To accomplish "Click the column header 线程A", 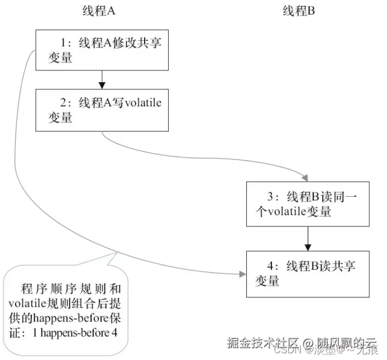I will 101,11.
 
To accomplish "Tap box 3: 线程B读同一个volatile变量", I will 308,203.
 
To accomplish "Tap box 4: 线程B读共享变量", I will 308,274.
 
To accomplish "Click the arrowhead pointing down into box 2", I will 102,85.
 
